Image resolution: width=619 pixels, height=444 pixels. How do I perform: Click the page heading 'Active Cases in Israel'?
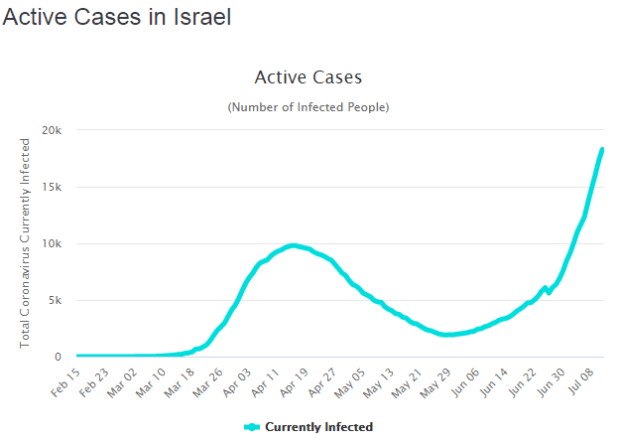117,19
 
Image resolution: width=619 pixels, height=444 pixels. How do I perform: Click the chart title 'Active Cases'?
309,77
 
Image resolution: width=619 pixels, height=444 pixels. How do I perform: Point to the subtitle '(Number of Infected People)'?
309,106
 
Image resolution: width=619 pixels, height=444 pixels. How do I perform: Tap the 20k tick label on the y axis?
53,130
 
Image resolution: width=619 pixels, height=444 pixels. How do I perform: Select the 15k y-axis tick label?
53,187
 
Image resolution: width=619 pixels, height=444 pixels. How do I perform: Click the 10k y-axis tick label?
53,243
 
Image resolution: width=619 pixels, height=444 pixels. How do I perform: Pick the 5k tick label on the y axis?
56,300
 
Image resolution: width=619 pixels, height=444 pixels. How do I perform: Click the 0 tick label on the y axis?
59,357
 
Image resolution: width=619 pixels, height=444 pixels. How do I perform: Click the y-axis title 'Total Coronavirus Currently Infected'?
25,243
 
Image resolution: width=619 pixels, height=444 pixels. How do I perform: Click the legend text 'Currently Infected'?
319,427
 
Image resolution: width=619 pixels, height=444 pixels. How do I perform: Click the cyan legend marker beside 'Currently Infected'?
252,427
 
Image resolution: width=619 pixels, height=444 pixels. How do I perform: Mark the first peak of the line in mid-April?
292,245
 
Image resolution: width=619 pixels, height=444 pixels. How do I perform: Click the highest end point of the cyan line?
602,150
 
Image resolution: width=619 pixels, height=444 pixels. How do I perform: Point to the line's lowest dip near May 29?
447,335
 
